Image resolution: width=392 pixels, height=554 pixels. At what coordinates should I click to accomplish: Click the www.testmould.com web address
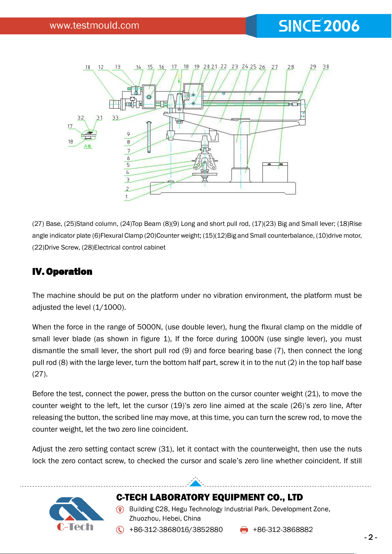(x=94, y=25)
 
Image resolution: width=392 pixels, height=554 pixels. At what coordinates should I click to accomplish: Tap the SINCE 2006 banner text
(x=319, y=26)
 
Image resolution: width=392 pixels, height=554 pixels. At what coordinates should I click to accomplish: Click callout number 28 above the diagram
(x=291, y=67)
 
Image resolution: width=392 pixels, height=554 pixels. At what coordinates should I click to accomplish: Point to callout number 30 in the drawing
(x=326, y=66)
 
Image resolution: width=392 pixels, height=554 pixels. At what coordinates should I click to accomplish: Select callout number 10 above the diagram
(x=88, y=67)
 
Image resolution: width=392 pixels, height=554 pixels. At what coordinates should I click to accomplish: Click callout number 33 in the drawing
(x=115, y=118)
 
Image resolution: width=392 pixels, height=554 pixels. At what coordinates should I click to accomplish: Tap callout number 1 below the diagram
(x=126, y=197)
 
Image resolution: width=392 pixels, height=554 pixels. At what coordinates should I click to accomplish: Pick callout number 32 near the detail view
(x=81, y=117)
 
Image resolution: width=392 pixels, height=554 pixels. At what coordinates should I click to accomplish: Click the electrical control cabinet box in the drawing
(x=275, y=172)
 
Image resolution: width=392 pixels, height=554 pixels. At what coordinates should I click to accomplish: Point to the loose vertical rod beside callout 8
(x=149, y=137)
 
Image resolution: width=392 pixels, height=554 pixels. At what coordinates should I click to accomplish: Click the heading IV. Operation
(x=62, y=272)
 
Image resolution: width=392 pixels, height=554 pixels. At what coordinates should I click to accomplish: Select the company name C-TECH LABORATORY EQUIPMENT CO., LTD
(x=209, y=497)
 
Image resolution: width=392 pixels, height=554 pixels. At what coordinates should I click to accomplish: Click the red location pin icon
(x=120, y=510)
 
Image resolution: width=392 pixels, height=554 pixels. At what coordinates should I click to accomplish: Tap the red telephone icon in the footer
(x=120, y=530)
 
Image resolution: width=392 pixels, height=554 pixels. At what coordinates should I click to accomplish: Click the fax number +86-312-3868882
(x=283, y=530)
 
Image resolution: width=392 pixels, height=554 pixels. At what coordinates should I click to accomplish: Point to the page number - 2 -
(x=371, y=537)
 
